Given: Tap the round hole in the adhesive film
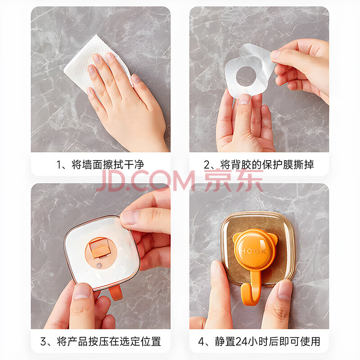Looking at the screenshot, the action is click(246, 76).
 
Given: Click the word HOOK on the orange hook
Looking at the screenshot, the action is click(253, 251).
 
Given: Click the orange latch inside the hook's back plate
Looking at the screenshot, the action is click(100, 248).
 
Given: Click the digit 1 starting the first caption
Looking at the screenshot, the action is click(59, 165).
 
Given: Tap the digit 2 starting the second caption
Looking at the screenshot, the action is click(207, 165).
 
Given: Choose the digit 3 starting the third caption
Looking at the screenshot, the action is click(43, 342).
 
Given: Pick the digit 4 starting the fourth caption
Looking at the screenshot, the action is click(201, 342).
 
